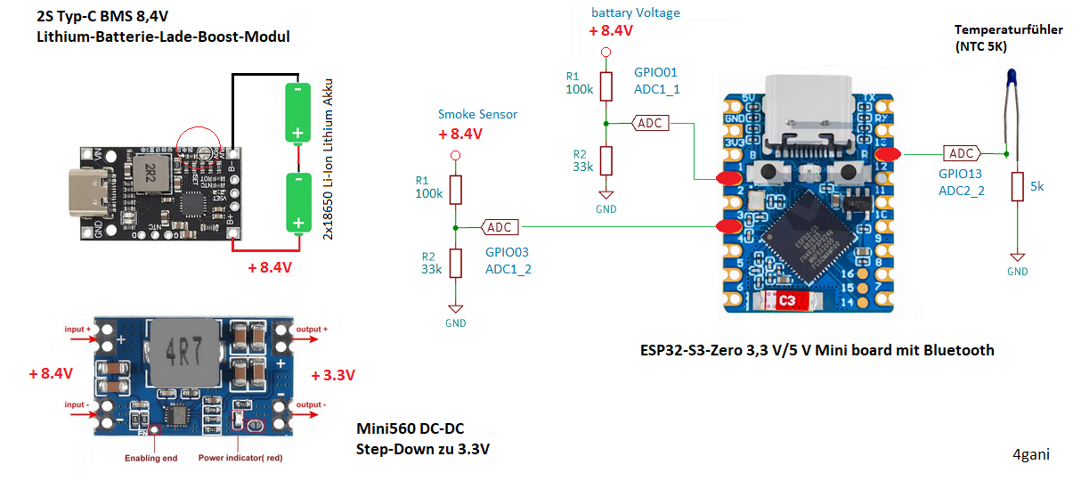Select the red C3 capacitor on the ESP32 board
pos(787,302)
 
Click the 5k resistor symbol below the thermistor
pos(1016,187)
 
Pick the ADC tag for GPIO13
pos(961,153)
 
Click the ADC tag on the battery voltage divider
pos(650,123)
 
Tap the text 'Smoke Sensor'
pos(477,114)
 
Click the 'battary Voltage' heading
pos(635,12)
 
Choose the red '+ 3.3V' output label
pos(334,376)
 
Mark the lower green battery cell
pos(297,202)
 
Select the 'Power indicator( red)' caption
pos(241,459)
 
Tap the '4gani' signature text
pos(1031,454)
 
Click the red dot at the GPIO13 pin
pos(887,153)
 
